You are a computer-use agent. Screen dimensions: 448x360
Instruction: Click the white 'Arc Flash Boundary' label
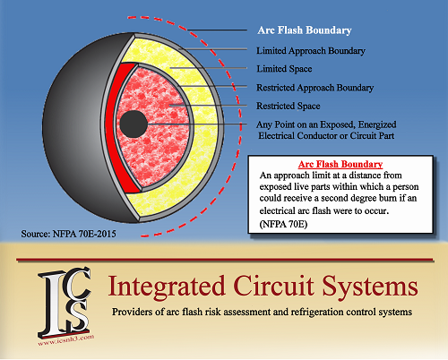[305, 30]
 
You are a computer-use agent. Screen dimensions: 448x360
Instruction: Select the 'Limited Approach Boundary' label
[311, 51]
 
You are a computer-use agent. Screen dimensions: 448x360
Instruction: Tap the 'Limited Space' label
[284, 69]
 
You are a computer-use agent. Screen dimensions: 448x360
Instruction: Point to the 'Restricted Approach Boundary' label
[315, 88]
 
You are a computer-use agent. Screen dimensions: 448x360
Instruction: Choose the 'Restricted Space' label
[289, 106]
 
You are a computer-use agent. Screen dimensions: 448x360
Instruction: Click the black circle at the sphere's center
[134, 124]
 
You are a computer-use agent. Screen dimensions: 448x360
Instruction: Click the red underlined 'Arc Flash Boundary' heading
[340, 164]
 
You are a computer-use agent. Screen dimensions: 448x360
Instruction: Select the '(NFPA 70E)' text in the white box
[283, 224]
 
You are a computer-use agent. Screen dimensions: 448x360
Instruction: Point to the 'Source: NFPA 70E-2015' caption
[68, 234]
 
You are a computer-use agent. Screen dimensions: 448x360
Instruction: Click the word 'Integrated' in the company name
[166, 287]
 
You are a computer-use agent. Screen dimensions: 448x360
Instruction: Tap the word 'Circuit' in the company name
[273, 286]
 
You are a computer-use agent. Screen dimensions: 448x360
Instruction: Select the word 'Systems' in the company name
[370, 287]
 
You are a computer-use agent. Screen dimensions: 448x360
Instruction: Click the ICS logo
[65, 302]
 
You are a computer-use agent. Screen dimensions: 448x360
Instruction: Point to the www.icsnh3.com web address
[66, 340]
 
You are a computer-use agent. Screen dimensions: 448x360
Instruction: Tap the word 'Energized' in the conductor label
[377, 124]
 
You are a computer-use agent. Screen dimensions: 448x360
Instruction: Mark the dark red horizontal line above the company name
[225, 260]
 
